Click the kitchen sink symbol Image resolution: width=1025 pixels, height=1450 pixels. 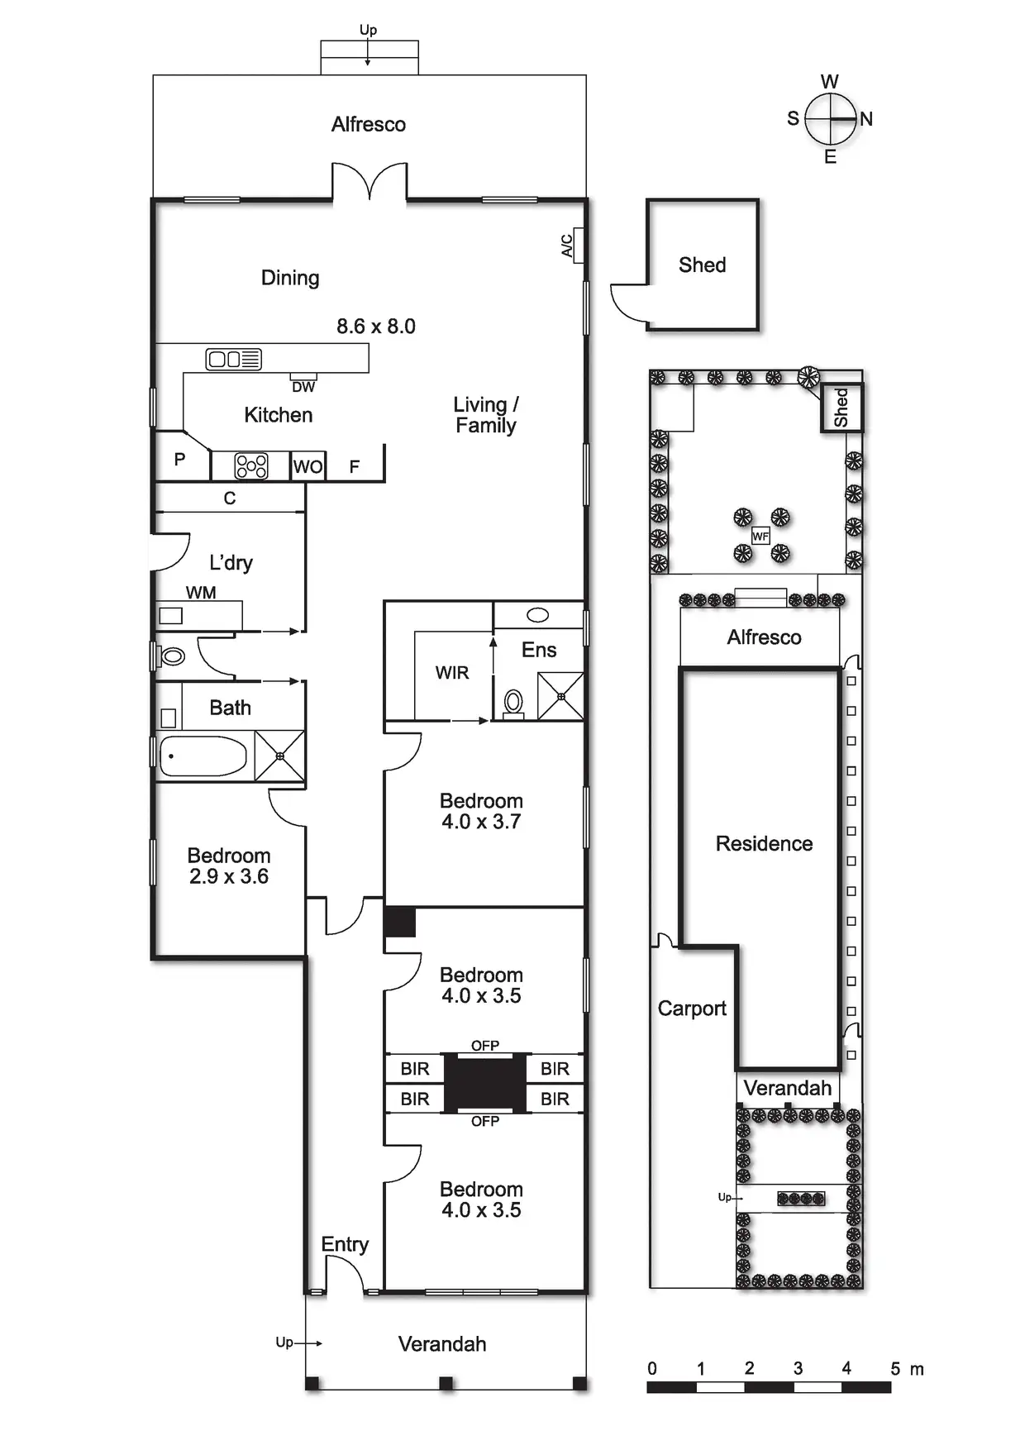pyautogui.click(x=233, y=359)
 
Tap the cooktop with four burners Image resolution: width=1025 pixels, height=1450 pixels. pyautogui.click(x=251, y=466)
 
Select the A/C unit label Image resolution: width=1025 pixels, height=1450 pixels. pyautogui.click(x=568, y=246)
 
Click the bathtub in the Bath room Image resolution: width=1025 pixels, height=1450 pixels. pyautogui.click(x=203, y=756)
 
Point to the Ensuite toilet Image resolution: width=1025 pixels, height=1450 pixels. pyautogui.click(x=513, y=704)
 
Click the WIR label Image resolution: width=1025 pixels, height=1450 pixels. pyautogui.click(x=452, y=673)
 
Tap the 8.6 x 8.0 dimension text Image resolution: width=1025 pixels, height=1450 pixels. pyautogui.click(x=376, y=327)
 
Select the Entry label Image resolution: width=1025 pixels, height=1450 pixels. pyautogui.click(x=345, y=1244)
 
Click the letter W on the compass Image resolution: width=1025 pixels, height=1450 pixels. pyautogui.click(x=830, y=81)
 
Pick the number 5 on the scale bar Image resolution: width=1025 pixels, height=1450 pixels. pyautogui.click(x=894, y=1368)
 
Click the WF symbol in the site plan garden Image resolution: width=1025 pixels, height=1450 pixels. pyautogui.click(x=760, y=537)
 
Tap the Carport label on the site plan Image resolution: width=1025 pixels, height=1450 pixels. pyautogui.click(x=692, y=1009)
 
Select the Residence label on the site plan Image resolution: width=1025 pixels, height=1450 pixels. pyautogui.click(x=764, y=843)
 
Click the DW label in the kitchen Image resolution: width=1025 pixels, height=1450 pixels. pyautogui.click(x=303, y=387)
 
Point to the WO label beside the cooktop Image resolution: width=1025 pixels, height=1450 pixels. pyautogui.click(x=307, y=467)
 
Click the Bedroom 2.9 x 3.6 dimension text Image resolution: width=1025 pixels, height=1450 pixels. pyautogui.click(x=229, y=876)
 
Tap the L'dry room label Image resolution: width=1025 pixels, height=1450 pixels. pyautogui.click(x=231, y=563)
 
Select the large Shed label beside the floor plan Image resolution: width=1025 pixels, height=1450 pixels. pyautogui.click(x=702, y=265)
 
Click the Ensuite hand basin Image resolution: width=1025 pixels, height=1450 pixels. pyautogui.click(x=538, y=615)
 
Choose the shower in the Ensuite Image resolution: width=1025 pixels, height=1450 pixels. pyautogui.click(x=560, y=696)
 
